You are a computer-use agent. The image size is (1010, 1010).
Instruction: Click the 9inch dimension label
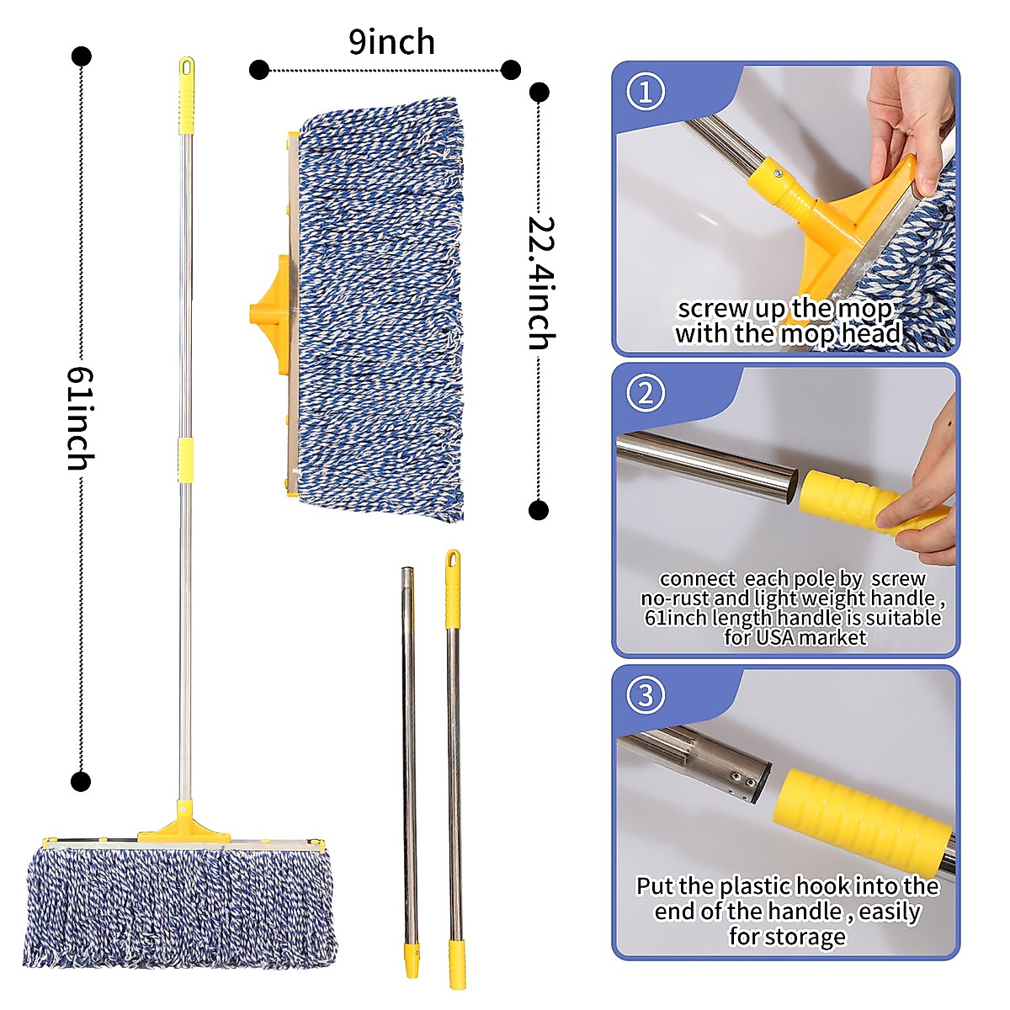pos(391,42)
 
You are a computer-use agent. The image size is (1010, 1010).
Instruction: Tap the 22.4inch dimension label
pos(540,283)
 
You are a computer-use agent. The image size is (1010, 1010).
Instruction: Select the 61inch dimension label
pos(81,418)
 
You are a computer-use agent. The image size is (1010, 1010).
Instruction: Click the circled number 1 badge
pos(646,92)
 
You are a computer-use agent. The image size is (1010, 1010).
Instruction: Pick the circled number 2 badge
pos(646,393)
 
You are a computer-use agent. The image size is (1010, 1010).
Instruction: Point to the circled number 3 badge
pos(646,695)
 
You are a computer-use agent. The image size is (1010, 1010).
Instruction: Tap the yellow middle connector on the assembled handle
pos(186,460)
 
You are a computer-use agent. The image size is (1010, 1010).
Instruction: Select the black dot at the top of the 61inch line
pos(82,57)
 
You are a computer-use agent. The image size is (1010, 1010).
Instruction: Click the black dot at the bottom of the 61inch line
pos(81,782)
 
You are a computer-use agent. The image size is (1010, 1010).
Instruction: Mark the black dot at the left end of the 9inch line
pos(259,70)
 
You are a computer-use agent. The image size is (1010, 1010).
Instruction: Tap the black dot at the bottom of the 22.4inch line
pos(539,510)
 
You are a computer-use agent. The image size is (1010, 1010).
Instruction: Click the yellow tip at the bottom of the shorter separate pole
pos(412,959)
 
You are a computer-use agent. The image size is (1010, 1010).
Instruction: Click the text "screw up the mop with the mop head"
pos(787,322)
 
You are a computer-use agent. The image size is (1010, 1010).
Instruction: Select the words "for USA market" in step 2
pos(795,637)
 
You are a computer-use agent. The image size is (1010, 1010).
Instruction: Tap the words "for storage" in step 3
pos(787,937)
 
